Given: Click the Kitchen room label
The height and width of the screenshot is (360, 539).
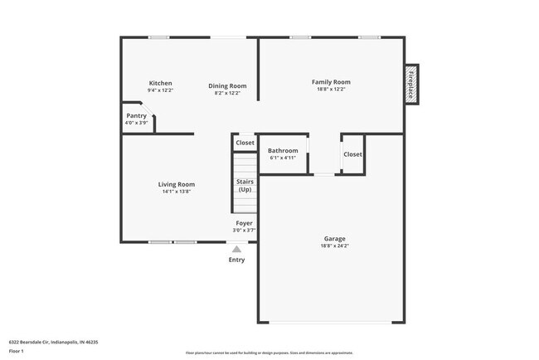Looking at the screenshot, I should coord(160,83).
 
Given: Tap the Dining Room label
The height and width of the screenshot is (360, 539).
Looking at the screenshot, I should coord(227,85).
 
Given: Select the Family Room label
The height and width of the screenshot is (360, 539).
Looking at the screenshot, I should coord(331,81).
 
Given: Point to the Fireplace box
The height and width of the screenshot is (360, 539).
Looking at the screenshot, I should coord(411,84).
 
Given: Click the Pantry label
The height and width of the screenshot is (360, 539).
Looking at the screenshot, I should coord(136,116).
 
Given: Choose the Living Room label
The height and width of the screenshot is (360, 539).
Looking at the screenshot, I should coord(177,184).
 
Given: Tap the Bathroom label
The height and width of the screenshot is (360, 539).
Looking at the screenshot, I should coord(283,150).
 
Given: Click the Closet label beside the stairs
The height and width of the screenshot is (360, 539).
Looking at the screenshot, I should coord(245,143).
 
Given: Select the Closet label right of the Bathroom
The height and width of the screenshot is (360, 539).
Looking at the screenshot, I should coord(352,154).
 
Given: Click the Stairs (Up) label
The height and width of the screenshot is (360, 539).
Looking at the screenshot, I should coord(245,185).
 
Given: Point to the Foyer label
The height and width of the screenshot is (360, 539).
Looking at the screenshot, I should coord(244,223).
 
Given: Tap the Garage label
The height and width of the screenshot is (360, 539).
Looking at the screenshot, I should coord(334,239).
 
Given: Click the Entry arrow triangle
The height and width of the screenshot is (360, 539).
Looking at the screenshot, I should coord(236,248).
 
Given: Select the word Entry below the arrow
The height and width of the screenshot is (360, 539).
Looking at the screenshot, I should coord(236,260).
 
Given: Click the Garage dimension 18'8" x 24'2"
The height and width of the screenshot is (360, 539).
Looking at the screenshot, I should coord(334,246).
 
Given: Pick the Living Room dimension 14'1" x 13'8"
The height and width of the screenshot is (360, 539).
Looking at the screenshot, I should coord(177,192).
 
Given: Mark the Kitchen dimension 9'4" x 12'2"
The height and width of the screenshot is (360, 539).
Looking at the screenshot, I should coord(160,90).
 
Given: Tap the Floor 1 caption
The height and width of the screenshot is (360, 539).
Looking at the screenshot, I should coord(17,351).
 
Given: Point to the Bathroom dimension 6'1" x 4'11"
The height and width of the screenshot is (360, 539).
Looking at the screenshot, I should coord(283,158).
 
